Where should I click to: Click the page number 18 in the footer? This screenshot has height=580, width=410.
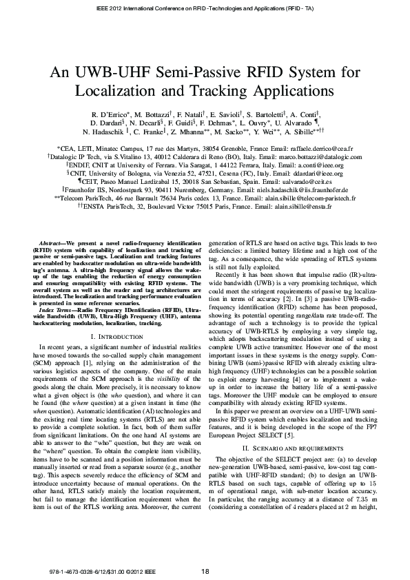(205, 571)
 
